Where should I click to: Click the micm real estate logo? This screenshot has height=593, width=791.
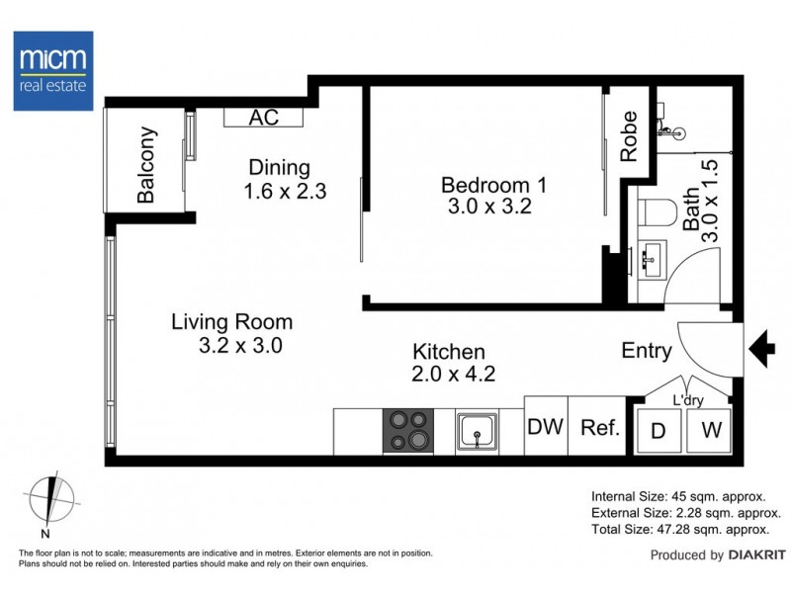point(53,68)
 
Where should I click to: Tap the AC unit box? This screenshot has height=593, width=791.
point(263,118)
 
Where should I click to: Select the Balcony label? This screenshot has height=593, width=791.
point(147,165)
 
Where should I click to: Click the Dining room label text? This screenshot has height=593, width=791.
point(279,168)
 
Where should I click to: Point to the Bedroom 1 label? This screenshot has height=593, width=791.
point(492,185)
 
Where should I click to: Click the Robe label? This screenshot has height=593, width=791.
point(628,141)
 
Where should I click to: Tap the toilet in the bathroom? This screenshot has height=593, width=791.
point(656,212)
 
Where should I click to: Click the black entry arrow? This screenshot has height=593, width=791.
point(761,348)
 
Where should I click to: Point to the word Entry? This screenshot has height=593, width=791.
point(647,350)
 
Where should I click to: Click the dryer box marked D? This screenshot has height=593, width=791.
point(658,430)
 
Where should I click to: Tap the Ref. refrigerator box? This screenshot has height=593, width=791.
point(599,428)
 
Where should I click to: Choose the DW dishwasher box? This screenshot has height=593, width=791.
point(545,428)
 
